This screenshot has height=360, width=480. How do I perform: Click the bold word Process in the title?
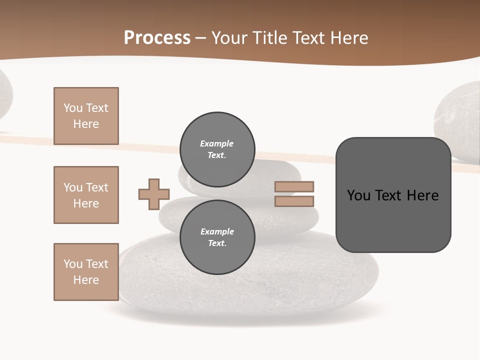(157, 38)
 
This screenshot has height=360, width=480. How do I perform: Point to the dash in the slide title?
(201, 38)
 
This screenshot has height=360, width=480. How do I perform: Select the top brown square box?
(86, 116)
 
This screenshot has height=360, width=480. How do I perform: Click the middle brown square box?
(86, 195)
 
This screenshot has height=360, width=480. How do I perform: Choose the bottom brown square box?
(86, 272)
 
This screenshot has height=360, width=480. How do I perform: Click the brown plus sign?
(154, 194)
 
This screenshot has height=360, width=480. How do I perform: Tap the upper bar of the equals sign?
(294, 186)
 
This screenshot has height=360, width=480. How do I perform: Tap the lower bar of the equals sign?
(294, 201)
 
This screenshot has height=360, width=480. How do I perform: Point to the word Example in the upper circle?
(216, 143)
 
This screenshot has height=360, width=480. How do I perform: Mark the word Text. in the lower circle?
(217, 243)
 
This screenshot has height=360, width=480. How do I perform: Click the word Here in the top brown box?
(86, 124)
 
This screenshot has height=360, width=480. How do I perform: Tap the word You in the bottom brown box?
(72, 264)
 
